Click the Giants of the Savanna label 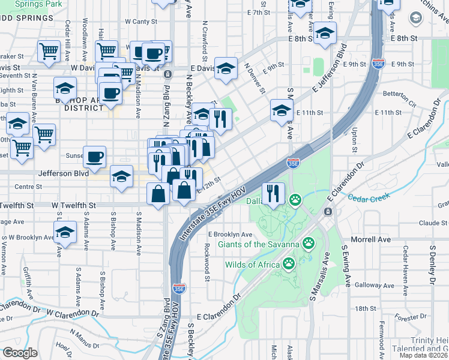pyautogui.click(x=258, y=244)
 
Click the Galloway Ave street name pyautogui.click(x=373, y=285)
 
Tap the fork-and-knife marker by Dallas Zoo pyautogui.click(x=273, y=193)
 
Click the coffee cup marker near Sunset pyautogui.click(x=95, y=157)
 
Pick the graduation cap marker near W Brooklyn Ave pyautogui.click(x=65, y=232)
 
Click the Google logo pyautogui.click(x=20, y=353)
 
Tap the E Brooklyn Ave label pyautogui.click(x=231, y=234)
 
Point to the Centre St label pyautogui.click(x=28, y=187)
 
